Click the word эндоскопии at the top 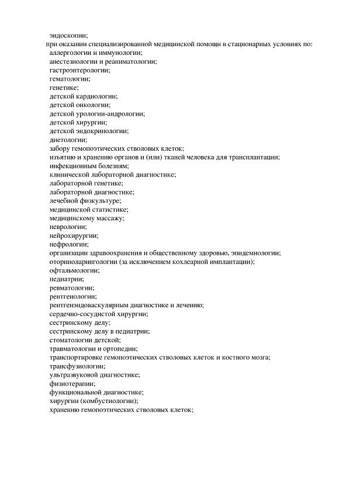(x=68, y=35)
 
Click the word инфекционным (x=72, y=166)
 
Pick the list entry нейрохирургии (x=73, y=235)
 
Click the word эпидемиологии (x=257, y=253)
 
